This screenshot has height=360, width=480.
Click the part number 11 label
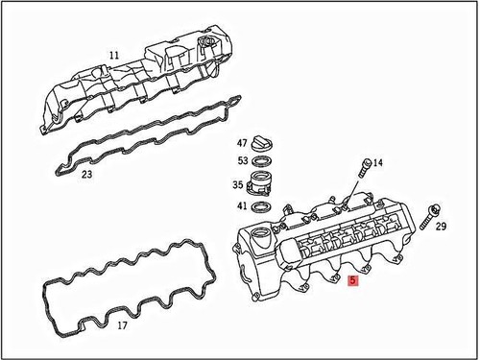113,57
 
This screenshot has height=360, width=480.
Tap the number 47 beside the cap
243,142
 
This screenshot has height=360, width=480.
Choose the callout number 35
237,185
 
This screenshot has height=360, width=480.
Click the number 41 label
243,206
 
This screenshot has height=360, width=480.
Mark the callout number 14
378,163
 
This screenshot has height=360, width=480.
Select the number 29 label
441,227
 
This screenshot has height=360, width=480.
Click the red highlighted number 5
354,281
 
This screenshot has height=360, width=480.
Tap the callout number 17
122,325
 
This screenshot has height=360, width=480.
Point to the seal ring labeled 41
271,205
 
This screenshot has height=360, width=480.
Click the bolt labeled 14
363,167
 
